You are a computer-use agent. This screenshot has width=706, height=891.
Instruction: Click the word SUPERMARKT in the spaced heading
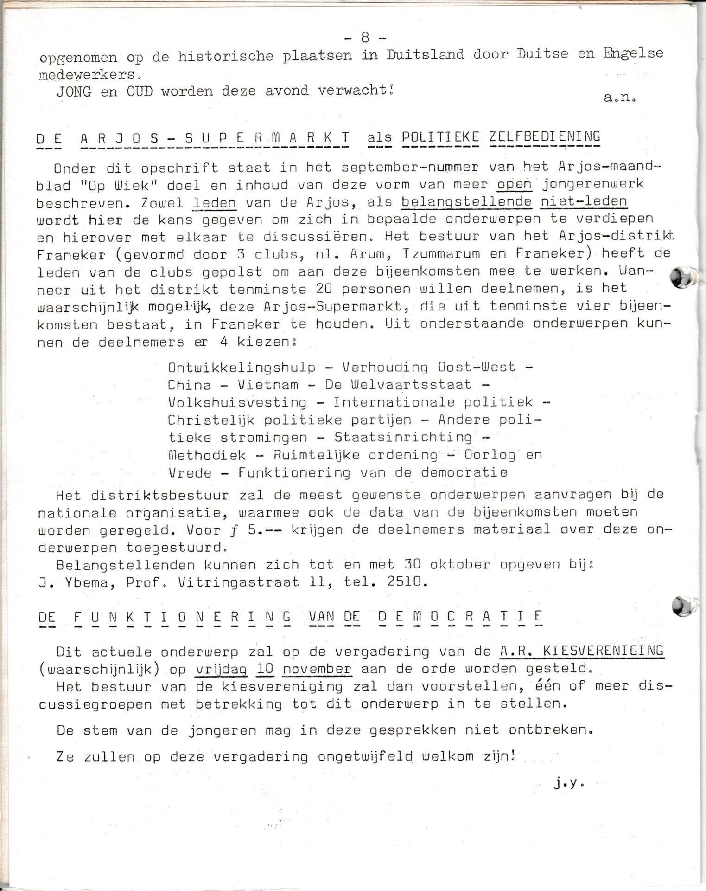coord(267,138)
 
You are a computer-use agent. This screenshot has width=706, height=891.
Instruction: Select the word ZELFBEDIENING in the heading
coord(545,136)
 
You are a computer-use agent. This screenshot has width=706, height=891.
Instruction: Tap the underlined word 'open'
coord(515,185)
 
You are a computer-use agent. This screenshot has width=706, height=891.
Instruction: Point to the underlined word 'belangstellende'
coord(466,202)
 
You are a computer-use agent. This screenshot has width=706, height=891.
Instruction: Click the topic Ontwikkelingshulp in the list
coord(242,368)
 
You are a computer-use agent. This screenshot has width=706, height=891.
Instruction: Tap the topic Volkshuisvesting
coord(237,402)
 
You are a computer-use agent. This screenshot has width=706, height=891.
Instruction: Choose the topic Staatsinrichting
coord(402,437)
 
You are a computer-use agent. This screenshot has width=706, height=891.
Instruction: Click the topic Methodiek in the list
coord(207,455)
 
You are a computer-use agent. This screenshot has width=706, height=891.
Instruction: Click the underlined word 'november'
coord(317,669)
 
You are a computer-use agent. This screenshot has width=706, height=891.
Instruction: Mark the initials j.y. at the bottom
coord(568,784)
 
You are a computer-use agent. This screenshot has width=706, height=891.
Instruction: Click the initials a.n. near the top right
coord(619,98)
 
